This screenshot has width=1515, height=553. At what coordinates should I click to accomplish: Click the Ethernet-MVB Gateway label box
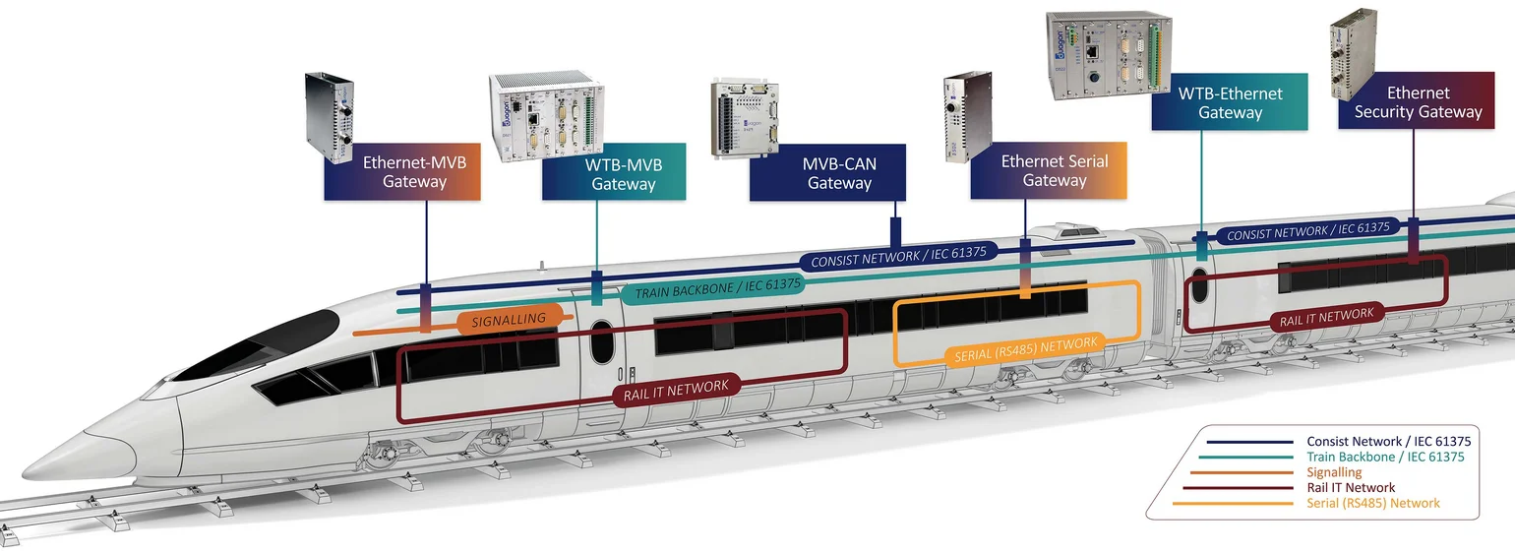(401, 171)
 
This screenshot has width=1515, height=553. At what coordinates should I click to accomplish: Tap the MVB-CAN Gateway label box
(827, 172)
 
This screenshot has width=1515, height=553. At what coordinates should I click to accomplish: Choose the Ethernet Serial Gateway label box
(1049, 170)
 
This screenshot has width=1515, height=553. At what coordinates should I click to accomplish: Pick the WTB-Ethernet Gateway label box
(1230, 101)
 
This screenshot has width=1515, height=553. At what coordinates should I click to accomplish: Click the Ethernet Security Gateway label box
(1417, 100)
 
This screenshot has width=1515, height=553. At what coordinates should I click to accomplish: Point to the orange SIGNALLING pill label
(510, 320)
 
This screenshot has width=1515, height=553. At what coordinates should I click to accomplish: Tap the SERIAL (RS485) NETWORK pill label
(1025, 348)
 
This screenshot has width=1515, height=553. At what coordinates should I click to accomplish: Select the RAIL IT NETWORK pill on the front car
(676, 391)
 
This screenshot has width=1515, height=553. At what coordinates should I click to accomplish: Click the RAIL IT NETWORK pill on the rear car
(1326, 317)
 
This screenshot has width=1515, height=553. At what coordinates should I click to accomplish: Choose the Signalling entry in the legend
(1334, 471)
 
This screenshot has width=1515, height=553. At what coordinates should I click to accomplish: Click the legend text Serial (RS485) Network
(1373, 503)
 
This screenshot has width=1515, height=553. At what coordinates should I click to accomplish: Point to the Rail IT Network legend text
(1351, 487)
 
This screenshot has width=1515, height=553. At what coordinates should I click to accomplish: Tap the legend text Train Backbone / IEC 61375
(1385, 457)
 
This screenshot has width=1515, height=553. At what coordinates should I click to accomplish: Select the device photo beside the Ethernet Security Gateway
(1354, 53)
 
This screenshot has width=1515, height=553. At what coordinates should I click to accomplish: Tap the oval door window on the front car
(601, 341)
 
